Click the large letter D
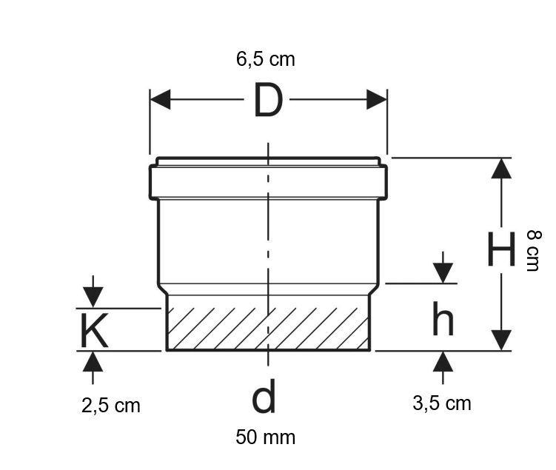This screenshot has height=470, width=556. click(269, 100)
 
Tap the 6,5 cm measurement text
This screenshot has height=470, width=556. click(266, 58)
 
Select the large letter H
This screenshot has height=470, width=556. click(500, 249)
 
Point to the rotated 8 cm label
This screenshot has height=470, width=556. click(533, 251)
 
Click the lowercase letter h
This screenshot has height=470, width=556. click(443, 318)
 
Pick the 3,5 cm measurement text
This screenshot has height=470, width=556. click(442, 403)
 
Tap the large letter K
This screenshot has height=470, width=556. click(94, 330)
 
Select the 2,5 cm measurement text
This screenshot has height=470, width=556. click(111, 405)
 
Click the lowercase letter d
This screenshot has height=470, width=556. click(264, 396)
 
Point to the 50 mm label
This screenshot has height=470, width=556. click(266, 437)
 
